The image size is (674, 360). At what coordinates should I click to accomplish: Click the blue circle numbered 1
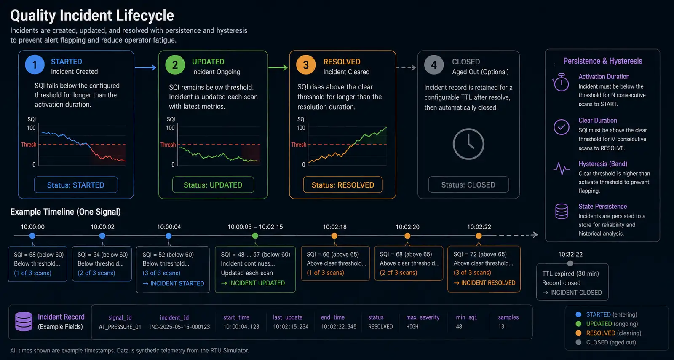(35, 64)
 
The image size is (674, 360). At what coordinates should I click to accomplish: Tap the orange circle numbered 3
(306, 65)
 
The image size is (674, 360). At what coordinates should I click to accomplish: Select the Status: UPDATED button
(213, 185)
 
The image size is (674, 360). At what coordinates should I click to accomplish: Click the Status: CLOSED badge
(468, 185)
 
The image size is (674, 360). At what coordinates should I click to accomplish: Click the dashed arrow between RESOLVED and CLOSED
(406, 67)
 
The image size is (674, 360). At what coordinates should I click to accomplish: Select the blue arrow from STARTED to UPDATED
(146, 67)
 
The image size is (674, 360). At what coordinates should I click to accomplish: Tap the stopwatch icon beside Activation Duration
(561, 82)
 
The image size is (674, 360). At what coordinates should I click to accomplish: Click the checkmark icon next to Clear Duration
(562, 127)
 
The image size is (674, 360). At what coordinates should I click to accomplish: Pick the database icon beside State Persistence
(562, 211)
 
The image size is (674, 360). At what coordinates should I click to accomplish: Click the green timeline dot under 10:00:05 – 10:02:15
(255, 236)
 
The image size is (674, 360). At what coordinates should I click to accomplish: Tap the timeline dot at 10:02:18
(334, 236)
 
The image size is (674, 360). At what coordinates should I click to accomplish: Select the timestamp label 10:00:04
(169, 227)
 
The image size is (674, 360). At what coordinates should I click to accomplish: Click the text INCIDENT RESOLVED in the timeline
(488, 282)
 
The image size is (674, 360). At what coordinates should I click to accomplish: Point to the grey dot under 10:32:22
(570, 263)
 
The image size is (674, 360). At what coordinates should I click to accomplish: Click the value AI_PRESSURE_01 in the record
(120, 327)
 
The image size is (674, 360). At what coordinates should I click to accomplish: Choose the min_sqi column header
(466, 317)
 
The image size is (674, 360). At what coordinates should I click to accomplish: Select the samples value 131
(503, 327)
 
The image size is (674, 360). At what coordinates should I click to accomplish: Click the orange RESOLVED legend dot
(578, 333)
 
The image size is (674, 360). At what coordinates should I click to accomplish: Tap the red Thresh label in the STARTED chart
(29, 145)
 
